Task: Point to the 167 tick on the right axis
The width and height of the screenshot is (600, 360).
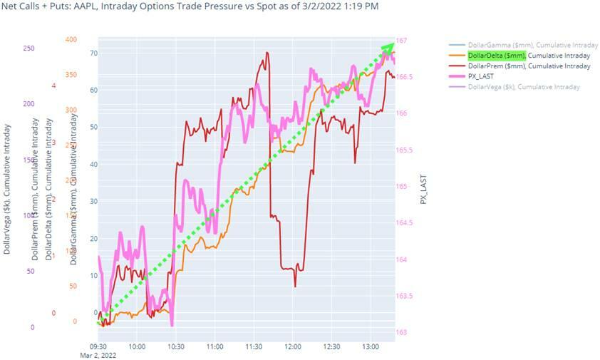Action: click(x=403, y=40)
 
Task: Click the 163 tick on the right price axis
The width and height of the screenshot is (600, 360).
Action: click(x=403, y=332)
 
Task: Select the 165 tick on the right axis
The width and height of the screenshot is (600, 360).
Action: click(x=403, y=186)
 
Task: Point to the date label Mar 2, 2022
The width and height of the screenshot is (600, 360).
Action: click(x=98, y=354)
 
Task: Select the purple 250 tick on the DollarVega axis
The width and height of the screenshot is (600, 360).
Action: click(x=29, y=48)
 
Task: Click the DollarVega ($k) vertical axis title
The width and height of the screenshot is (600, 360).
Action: click(x=7, y=189)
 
